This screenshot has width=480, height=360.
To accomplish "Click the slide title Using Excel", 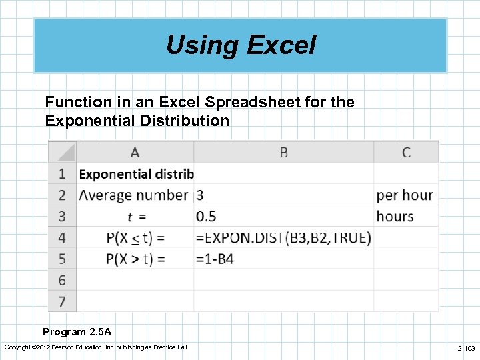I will click(x=241, y=45).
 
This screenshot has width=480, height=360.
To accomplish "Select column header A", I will click(x=135, y=153).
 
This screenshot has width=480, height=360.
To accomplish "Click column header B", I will click(x=283, y=153).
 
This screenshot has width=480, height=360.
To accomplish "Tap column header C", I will click(x=406, y=153).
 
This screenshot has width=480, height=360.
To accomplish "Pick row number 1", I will click(x=62, y=174).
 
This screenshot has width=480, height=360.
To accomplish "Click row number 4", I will click(x=62, y=237).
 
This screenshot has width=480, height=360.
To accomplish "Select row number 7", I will click(x=62, y=301).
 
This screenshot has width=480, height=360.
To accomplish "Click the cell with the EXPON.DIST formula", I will click(x=283, y=237).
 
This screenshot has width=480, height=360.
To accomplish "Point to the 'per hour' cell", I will click(x=405, y=195).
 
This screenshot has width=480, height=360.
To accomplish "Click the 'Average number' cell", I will click(x=134, y=195).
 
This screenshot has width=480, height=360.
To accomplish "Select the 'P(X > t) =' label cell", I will click(x=135, y=259).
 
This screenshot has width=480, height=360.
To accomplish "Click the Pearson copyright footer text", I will click(x=95, y=347).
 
